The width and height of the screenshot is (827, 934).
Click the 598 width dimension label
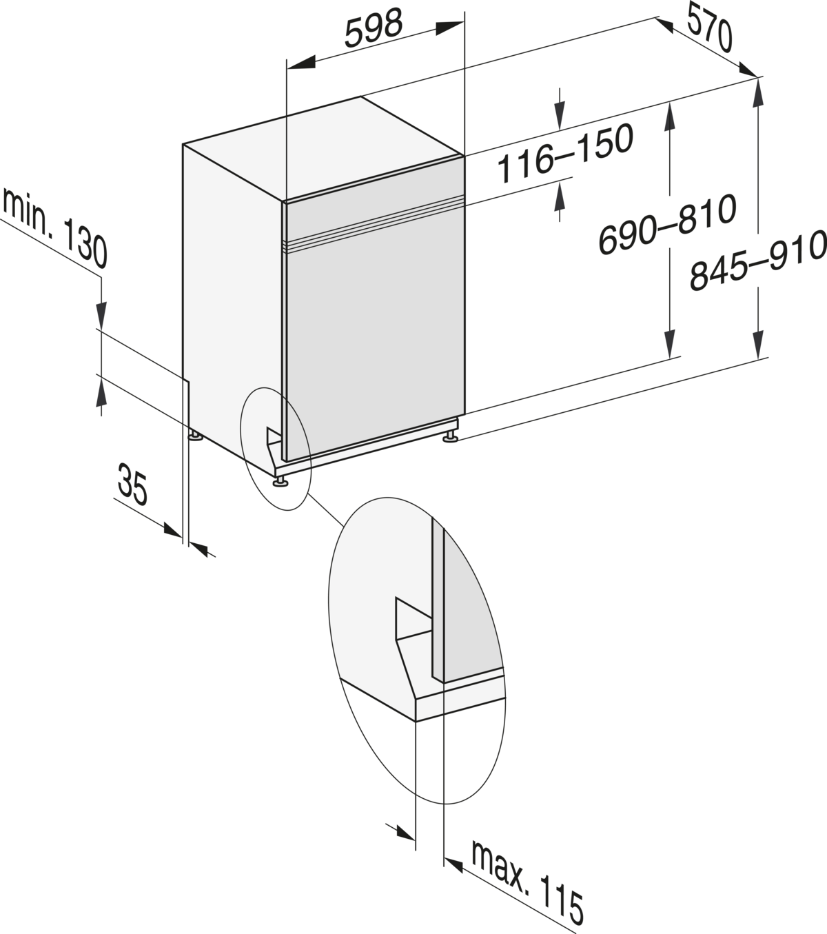[374, 28]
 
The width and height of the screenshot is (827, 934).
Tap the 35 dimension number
[132, 484]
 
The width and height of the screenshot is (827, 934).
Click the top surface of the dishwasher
[323, 148]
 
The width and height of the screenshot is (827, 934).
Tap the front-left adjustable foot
[280, 482]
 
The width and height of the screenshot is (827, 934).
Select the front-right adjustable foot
[450, 437]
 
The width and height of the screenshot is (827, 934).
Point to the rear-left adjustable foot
[196, 436]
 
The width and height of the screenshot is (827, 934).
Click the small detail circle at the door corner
[276, 449]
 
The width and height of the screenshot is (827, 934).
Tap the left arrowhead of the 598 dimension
[301, 62]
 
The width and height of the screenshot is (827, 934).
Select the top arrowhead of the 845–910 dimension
[758, 94]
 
